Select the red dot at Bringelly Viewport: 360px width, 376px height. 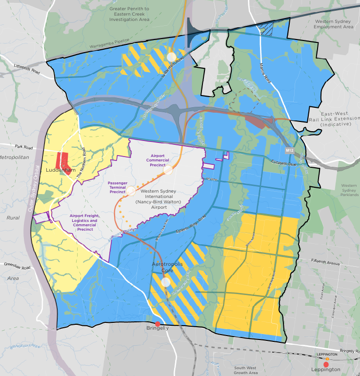pyautogui.click(x=157, y=324)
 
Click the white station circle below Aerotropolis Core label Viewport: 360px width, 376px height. pyautogui.click(x=166, y=282)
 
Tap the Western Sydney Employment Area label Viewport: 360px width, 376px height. pyautogui.click(x=334, y=24)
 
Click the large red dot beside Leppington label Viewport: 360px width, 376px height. pyautogui.click(x=326, y=364)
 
